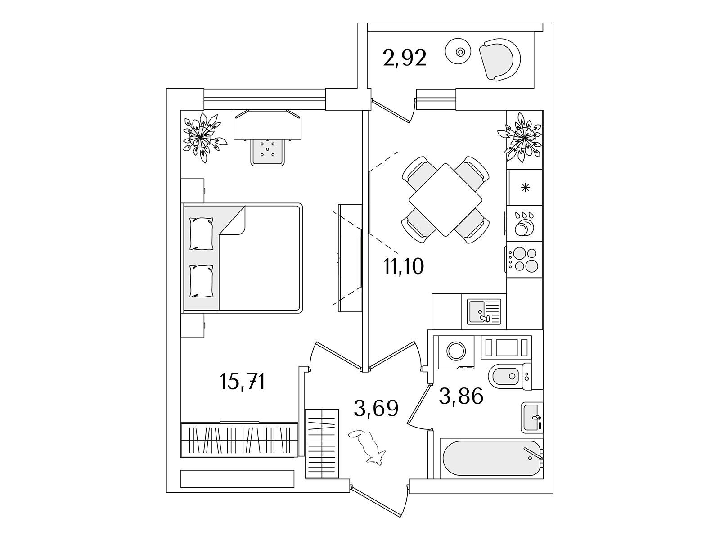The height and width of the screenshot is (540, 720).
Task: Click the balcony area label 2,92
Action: [405, 58]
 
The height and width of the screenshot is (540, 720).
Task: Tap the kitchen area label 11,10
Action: [404, 266]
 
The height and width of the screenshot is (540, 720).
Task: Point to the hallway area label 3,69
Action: [376, 408]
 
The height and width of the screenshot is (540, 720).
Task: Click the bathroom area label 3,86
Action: [461, 396]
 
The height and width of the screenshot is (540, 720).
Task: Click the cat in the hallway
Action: [367, 447]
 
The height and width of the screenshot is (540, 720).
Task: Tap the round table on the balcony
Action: [458, 52]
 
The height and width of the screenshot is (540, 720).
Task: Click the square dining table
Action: [445, 200]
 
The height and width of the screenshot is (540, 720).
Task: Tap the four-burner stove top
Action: [524, 260]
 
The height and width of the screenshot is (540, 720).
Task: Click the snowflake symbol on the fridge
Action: [526, 188]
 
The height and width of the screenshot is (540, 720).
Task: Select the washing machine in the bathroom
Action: [456, 352]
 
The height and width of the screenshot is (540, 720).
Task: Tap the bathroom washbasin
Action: [532, 418]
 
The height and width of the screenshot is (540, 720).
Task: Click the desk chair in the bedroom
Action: [268, 152]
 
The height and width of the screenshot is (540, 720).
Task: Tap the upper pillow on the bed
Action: [202, 234]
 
